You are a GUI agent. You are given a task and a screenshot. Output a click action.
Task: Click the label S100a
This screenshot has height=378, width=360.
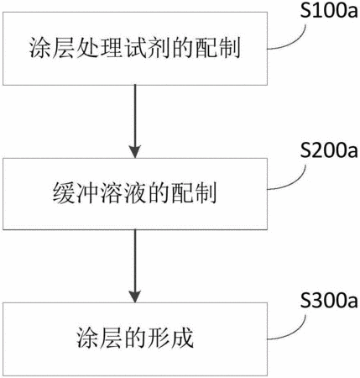[329, 11]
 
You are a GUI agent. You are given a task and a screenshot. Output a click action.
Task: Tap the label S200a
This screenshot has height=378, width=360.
[329, 150]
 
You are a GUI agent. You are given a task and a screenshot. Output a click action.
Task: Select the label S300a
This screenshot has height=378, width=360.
[329, 300]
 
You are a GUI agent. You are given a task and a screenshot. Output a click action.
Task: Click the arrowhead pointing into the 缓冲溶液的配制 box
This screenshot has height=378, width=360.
[135, 151]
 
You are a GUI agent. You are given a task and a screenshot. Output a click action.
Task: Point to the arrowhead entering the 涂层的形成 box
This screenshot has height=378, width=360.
[135, 297]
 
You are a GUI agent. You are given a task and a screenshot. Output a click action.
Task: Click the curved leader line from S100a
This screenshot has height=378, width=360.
[296, 41]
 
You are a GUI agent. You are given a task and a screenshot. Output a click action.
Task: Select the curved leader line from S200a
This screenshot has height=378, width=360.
[296, 181]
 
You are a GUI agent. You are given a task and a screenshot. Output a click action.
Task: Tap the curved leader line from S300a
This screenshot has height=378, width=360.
[296, 331]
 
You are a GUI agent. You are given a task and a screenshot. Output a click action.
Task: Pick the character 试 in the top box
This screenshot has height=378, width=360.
[135, 48]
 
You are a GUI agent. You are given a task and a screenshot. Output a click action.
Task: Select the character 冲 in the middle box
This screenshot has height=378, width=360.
[87, 193]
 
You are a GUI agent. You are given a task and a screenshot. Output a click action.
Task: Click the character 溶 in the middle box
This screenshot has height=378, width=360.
[112, 193]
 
